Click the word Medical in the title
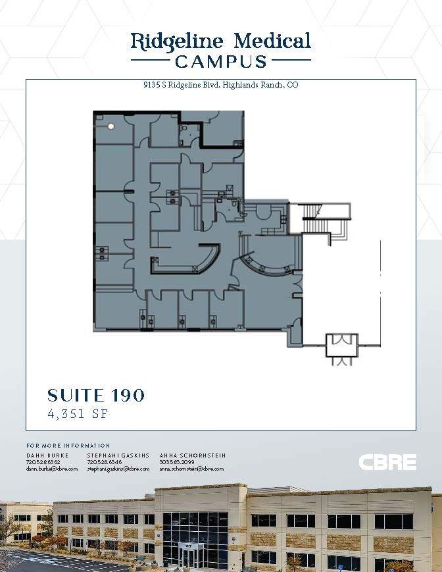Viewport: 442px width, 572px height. [272, 41]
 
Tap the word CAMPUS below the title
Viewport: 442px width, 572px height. [221, 62]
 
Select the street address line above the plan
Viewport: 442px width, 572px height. [221, 85]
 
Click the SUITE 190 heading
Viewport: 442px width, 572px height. [96, 395]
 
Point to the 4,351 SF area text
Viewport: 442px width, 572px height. [78, 415]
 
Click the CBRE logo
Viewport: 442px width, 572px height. [387, 462]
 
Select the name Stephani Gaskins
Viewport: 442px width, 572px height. [118, 455]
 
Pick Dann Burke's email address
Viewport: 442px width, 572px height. [52, 469]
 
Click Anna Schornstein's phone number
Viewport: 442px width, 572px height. [173, 462]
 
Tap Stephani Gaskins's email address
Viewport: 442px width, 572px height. [118, 469]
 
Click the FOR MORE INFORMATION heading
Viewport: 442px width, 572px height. [68, 446]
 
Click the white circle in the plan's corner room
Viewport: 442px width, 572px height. [111, 126]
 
